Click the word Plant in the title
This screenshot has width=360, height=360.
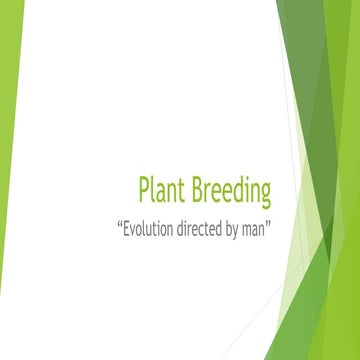[x=161, y=190]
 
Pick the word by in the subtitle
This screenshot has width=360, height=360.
[x=240, y=228]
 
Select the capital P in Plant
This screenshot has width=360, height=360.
[x=145, y=190]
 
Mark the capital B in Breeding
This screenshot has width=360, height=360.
[x=200, y=190]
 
